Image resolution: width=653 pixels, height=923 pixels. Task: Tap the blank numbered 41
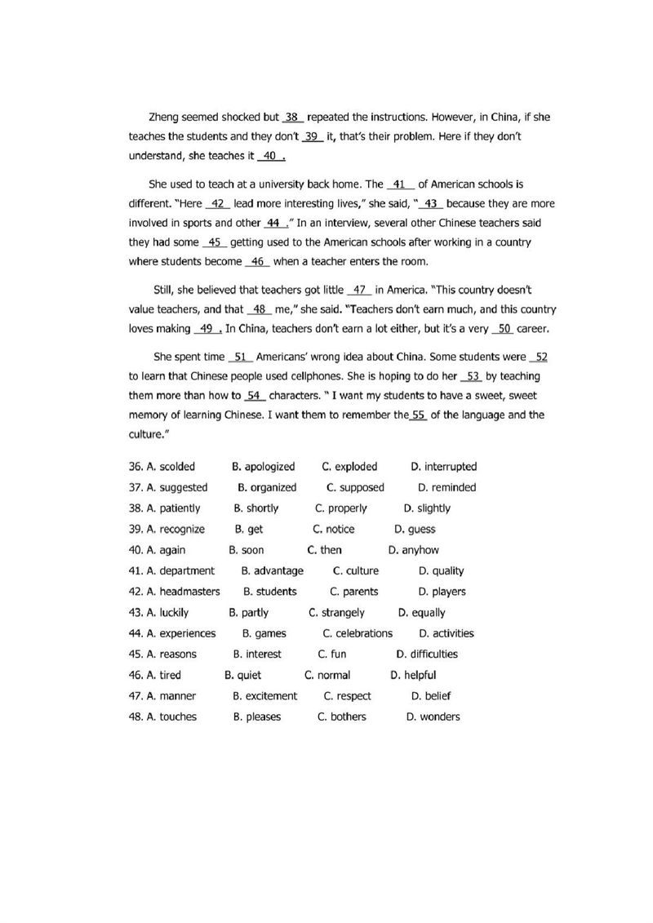pyautogui.click(x=399, y=184)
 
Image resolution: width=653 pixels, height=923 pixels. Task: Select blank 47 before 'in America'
pyautogui.click(x=360, y=290)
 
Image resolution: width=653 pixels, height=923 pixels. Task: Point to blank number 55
pyautogui.click(x=419, y=415)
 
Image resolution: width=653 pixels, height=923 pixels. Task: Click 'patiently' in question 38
pyautogui.click(x=180, y=508)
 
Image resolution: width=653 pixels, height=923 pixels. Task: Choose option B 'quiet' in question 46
pyautogui.click(x=249, y=675)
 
